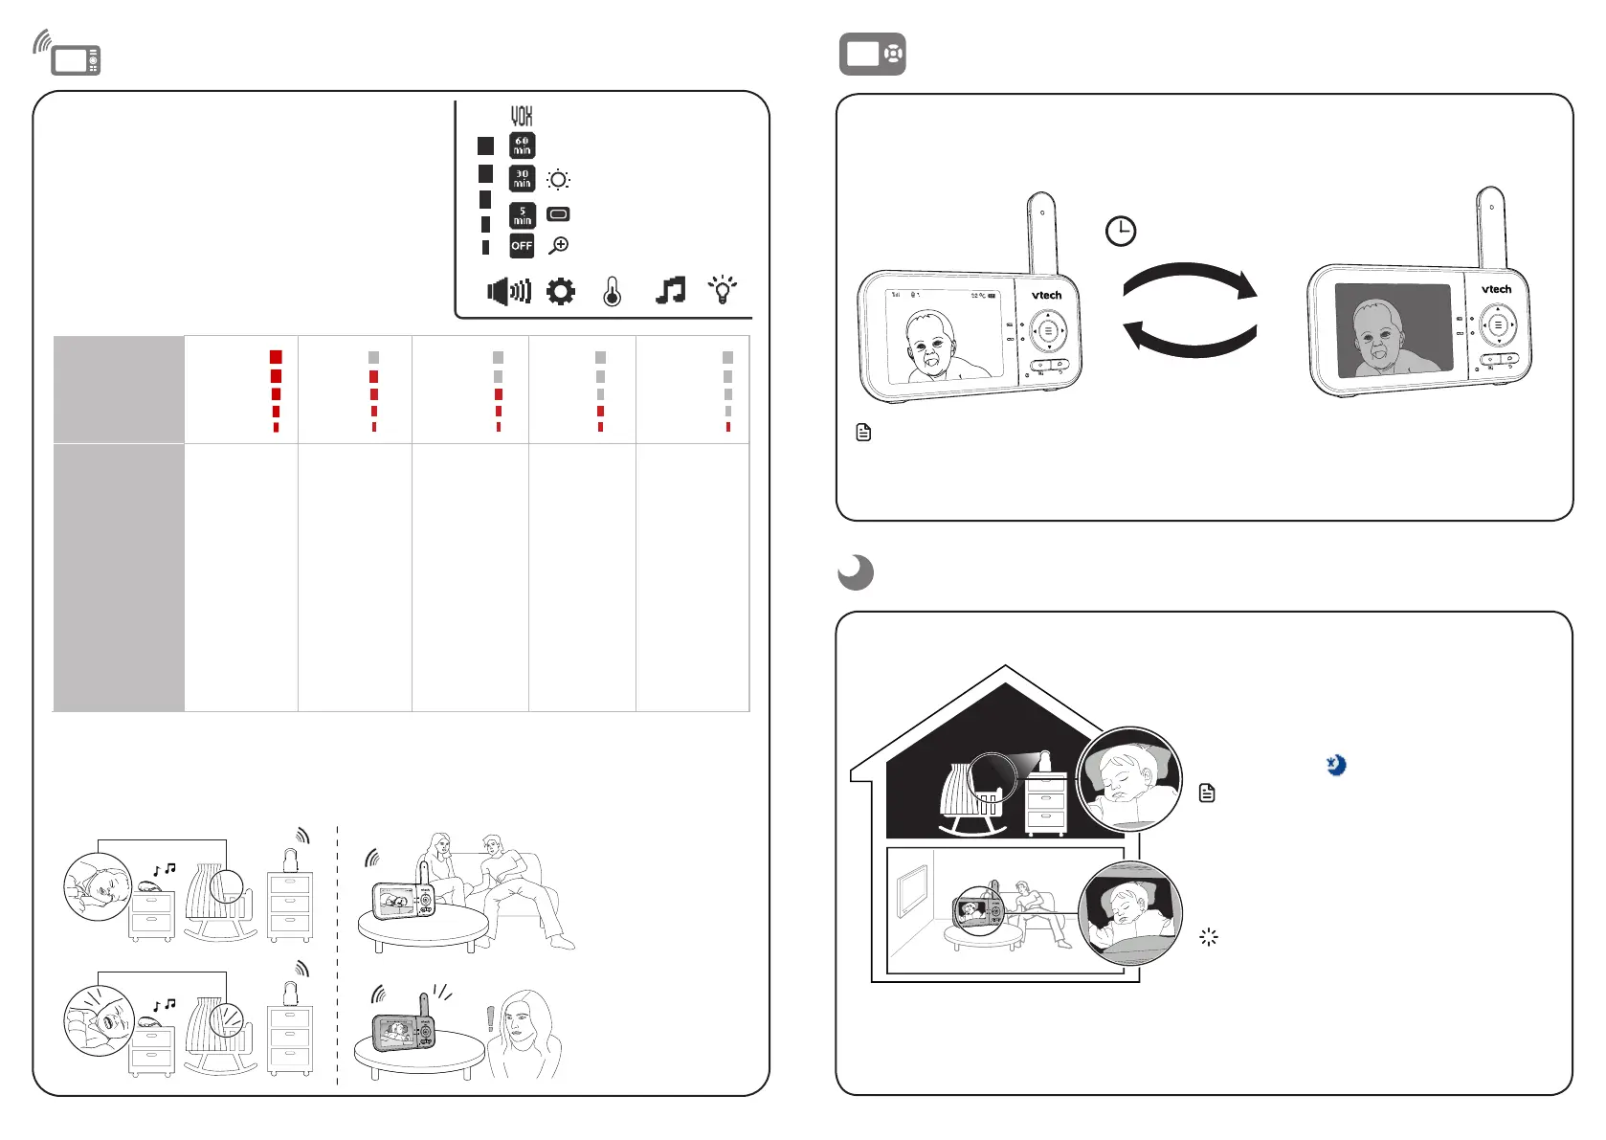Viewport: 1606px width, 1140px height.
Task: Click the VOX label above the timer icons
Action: tap(522, 116)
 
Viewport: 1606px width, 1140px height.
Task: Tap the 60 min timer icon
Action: tap(522, 145)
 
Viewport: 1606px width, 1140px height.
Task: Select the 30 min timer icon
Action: tap(522, 179)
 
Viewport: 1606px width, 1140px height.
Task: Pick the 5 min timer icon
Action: tap(522, 215)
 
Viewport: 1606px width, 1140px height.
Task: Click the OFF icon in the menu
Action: tap(522, 246)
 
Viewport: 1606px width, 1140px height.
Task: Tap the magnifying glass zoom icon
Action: tap(559, 246)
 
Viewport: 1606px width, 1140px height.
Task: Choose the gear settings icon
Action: tap(561, 291)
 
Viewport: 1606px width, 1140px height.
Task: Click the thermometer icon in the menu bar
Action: tap(613, 291)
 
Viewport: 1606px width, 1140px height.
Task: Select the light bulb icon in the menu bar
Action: tap(723, 289)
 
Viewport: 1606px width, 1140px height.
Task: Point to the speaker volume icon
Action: tap(509, 291)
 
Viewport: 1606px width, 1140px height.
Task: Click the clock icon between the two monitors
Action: tap(1121, 231)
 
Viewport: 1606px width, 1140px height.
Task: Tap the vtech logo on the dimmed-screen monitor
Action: tap(1496, 289)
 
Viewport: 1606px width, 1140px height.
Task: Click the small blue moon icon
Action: tap(1336, 765)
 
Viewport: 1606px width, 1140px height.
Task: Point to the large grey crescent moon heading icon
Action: tap(856, 572)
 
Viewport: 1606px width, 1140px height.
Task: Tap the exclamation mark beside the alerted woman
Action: tap(491, 1018)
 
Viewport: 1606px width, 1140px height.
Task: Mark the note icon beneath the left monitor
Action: tap(863, 433)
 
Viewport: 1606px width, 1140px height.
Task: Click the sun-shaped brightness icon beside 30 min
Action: tap(559, 180)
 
